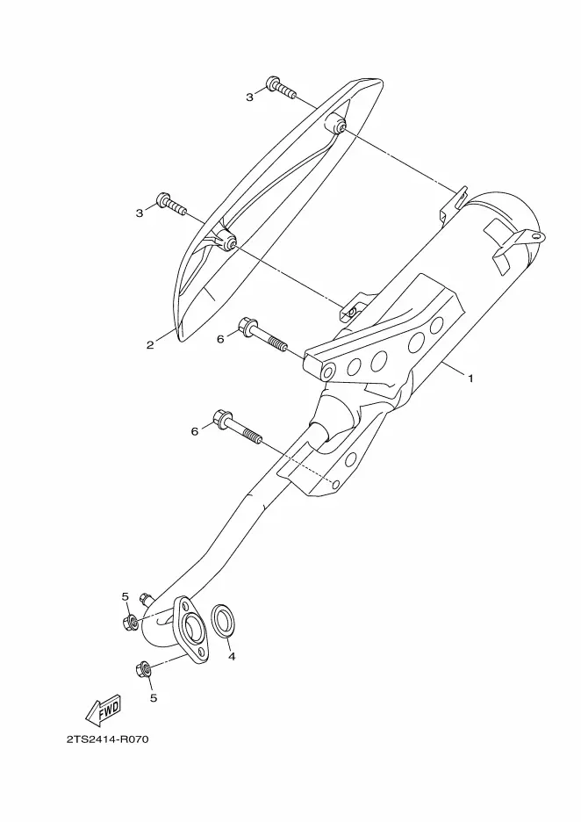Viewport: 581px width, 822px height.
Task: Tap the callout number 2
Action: (x=150, y=345)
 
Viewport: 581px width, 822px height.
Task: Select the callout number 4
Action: (x=232, y=656)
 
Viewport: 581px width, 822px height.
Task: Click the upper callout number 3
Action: (x=250, y=97)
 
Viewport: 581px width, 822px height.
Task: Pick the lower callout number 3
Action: (x=140, y=213)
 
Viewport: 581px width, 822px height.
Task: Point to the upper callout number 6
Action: (x=220, y=339)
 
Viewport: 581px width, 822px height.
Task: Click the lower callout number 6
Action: (x=195, y=431)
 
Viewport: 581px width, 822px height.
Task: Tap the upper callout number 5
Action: (x=125, y=596)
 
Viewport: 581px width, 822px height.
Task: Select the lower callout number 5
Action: (x=154, y=698)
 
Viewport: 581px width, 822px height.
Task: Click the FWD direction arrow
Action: (x=104, y=710)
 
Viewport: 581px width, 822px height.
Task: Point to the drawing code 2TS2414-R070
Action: (x=107, y=739)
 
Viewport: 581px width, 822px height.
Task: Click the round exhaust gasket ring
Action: (x=223, y=621)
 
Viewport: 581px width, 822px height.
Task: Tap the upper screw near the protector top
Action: (x=281, y=88)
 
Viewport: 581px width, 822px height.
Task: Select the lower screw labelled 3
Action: (x=171, y=204)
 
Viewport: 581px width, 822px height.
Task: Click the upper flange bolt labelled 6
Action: (x=263, y=335)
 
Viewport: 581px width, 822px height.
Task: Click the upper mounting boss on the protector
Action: (x=335, y=125)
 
